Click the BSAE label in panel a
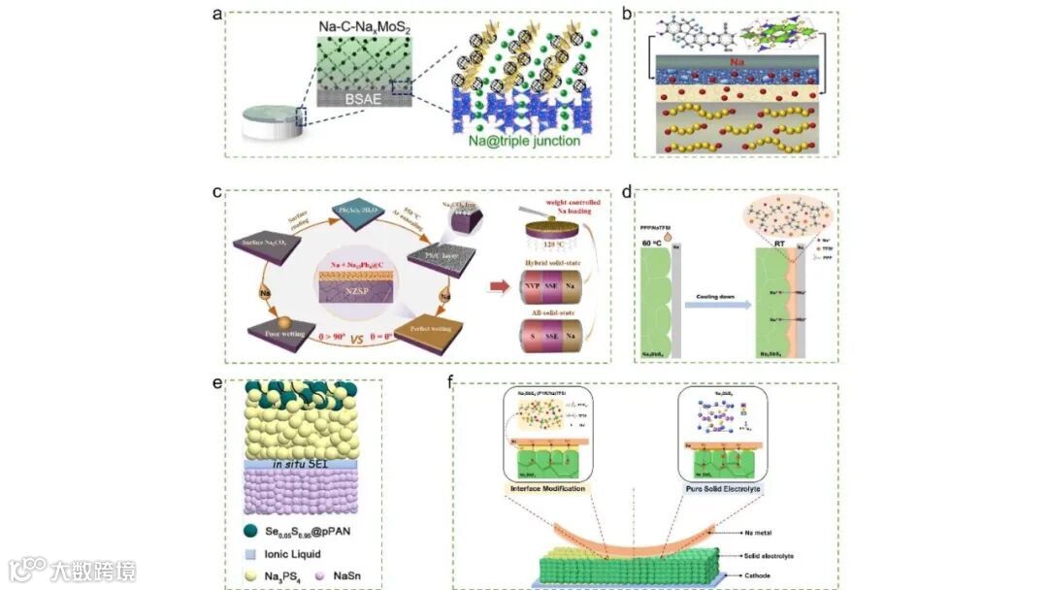pyautogui.click(x=361, y=97)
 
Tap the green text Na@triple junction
pyautogui.click(x=526, y=142)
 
